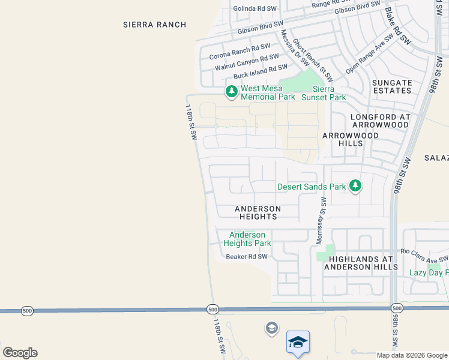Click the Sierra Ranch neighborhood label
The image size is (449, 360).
[x=154, y=25]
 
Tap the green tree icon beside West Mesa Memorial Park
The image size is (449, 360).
[x=231, y=92]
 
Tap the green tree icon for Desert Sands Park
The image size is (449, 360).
[x=355, y=186]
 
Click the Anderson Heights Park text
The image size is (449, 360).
[x=247, y=239]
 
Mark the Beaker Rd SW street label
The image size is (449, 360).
[x=246, y=257]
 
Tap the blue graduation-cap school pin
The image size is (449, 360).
[x=298, y=343]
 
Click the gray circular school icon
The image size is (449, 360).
[x=271, y=328]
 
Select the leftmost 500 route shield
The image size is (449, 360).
[x=27, y=310]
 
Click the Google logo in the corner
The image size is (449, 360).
[x=20, y=353]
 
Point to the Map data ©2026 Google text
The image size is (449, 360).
[x=411, y=355]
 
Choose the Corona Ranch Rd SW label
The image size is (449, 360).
[x=240, y=52]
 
